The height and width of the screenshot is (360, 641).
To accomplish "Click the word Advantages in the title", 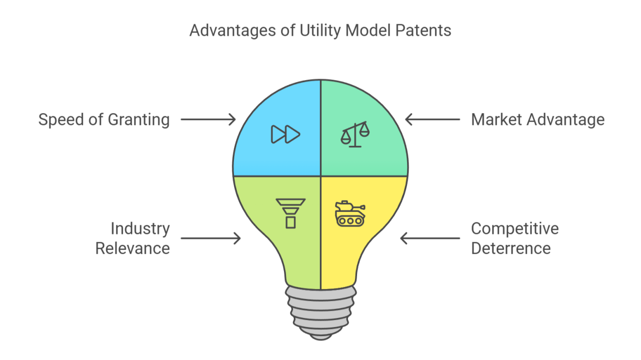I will pos(231,31).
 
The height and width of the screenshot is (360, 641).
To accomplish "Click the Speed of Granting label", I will pos(104,120).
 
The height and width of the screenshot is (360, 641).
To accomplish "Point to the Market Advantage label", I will pos(537,120).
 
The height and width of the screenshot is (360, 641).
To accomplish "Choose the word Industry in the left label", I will pos(140,229).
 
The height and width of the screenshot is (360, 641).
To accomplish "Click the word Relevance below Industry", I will pos(132,248).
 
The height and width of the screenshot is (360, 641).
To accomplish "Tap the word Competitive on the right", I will pos(515,229).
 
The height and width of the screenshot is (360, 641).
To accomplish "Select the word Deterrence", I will pos(511,248).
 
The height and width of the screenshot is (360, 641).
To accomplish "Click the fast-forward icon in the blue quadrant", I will pos(285,134).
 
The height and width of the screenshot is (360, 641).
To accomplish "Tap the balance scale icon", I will pos(355,134).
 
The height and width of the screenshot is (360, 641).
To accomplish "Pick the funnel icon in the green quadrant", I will pos(290,213).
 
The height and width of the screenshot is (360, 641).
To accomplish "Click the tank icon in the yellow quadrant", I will pos(350,213).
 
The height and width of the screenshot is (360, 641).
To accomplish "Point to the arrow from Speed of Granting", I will pos(208,120).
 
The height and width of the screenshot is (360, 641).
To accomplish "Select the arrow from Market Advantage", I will pos(432,120).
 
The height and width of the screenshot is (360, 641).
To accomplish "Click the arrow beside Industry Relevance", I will pos(210,238).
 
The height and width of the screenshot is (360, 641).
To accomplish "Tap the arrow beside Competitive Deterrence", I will pos(430,238).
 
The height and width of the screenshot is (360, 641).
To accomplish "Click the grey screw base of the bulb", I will pos(320,308).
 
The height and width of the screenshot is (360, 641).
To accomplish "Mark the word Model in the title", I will pos(369,31).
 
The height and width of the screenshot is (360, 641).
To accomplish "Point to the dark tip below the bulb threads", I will pos(320,335).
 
